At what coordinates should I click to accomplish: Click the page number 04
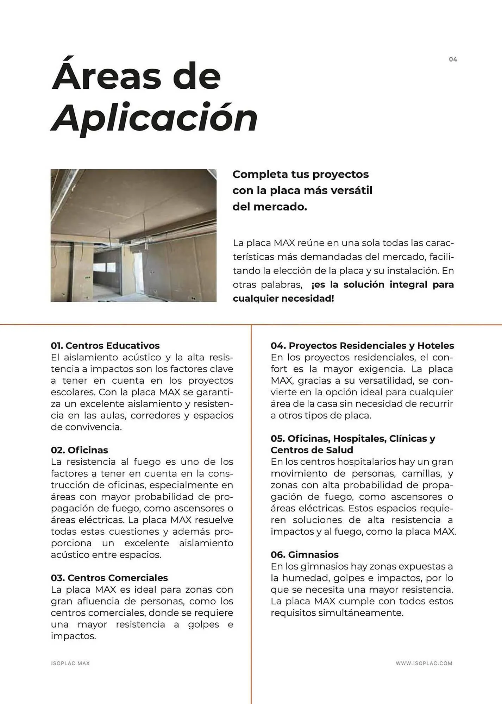pyautogui.click(x=453, y=59)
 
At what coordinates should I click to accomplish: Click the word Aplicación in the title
pyautogui.click(x=155, y=118)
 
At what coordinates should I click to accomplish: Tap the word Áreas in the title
pyautogui.click(x=107, y=76)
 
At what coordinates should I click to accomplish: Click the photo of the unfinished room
pyautogui.click(x=133, y=235)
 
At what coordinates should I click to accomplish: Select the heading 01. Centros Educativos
pyautogui.click(x=105, y=345)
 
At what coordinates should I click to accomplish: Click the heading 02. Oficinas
pyautogui.click(x=79, y=450)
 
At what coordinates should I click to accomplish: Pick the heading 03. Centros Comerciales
pyautogui.click(x=109, y=578)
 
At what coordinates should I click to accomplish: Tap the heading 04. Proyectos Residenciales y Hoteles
pyautogui.click(x=362, y=345)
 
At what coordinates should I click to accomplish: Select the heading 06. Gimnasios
pyautogui.click(x=304, y=554)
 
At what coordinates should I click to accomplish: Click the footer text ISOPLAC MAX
pyautogui.click(x=70, y=663)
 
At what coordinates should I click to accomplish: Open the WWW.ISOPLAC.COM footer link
pyautogui.click(x=424, y=663)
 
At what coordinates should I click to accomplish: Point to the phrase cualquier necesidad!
pyautogui.click(x=283, y=298)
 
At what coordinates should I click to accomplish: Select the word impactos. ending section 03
pyautogui.click(x=73, y=636)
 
